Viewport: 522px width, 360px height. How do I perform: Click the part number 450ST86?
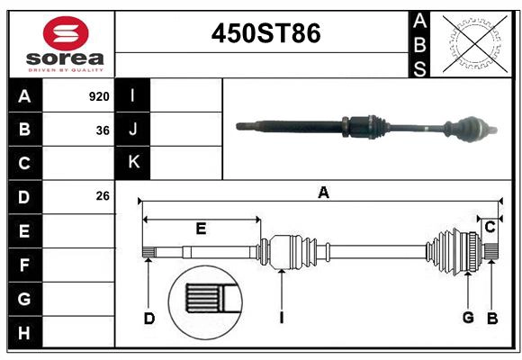[265, 33]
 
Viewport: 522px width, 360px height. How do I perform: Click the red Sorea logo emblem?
[66, 33]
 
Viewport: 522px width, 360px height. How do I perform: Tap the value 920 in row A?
[99, 95]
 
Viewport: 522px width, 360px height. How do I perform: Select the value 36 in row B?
[103, 130]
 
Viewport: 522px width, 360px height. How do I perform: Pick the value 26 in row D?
[103, 195]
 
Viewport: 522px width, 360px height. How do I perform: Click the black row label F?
[24, 265]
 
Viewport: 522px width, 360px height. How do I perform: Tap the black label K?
[133, 162]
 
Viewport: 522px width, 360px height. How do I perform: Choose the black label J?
[133, 130]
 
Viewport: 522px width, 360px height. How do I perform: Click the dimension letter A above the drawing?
[323, 192]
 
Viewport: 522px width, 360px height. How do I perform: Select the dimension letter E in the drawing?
[201, 229]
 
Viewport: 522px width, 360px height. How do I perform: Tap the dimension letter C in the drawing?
[490, 228]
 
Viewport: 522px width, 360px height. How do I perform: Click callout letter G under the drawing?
[468, 317]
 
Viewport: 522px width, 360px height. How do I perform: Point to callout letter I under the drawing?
[282, 317]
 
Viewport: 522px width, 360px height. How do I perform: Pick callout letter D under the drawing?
[149, 318]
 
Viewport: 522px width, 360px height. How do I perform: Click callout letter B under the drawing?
[492, 317]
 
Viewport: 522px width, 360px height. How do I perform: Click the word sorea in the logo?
[66, 58]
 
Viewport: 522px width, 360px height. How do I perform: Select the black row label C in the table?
[24, 163]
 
